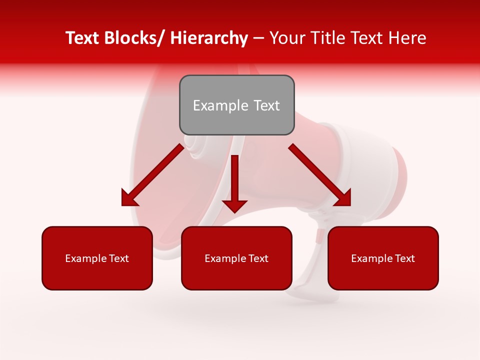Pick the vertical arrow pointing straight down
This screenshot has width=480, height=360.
click(234, 182)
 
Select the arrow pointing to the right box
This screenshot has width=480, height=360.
click(320, 174)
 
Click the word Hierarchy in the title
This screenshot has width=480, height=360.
click(209, 38)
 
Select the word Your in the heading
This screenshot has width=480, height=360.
click(286, 38)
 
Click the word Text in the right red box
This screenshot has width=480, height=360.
click(404, 258)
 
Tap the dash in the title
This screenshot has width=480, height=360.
click(258, 38)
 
